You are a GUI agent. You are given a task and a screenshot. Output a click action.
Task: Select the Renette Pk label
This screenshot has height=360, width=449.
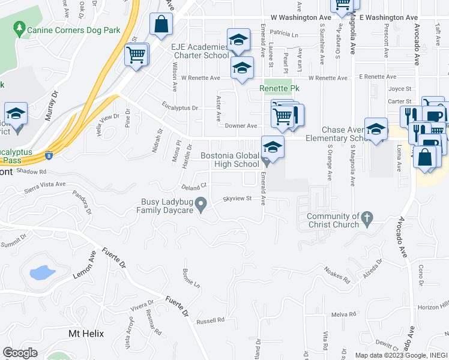279,88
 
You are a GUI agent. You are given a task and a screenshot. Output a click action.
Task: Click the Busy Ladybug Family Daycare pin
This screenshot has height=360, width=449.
202,206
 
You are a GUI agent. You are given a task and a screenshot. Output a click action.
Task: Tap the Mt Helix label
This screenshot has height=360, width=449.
86,334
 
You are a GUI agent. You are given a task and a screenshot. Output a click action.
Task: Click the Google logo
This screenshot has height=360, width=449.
20,353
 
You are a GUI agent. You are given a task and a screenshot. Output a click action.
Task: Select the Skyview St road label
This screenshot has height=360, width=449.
235,198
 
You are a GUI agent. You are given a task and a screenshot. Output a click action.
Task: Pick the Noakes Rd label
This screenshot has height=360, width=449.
337,274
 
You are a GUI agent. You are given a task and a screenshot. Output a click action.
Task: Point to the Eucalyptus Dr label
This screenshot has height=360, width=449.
179,108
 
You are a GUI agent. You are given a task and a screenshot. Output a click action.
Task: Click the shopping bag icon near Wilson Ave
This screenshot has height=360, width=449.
161,25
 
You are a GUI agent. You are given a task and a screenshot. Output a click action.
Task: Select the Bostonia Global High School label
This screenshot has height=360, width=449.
230,160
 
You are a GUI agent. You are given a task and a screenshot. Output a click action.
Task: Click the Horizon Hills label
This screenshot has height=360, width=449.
433,307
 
